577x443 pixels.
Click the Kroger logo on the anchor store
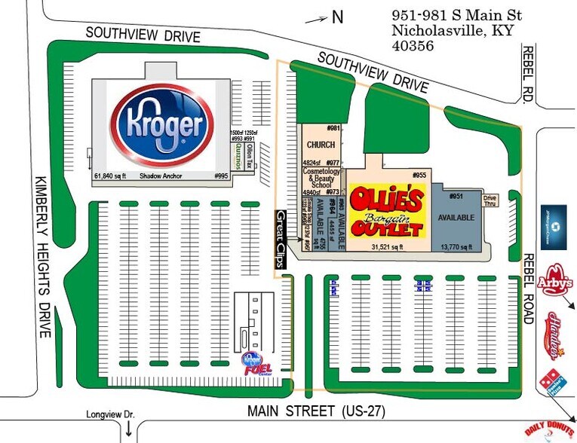click(x=159, y=124)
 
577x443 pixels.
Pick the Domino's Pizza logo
click(x=551, y=383)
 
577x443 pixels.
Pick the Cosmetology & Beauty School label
click(x=321, y=177)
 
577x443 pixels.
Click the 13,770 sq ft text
click(x=456, y=247)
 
